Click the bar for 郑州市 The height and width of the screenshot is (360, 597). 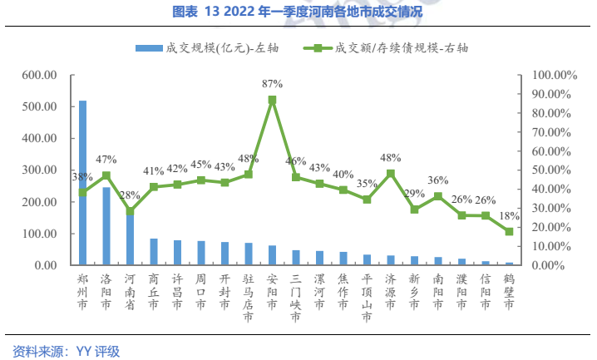[82, 183]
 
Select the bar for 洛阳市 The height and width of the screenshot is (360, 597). [106, 226]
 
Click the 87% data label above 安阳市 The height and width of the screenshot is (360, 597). [272, 84]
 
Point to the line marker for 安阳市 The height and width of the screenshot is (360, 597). [272, 100]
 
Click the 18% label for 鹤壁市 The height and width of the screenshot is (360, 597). [509, 216]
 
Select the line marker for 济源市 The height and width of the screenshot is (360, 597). [390, 174]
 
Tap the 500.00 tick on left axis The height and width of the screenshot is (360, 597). [39, 107]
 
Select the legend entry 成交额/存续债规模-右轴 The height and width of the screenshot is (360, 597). [391, 47]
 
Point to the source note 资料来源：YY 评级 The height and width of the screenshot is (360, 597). [67, 351]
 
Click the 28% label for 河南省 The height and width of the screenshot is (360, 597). [130, 195]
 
